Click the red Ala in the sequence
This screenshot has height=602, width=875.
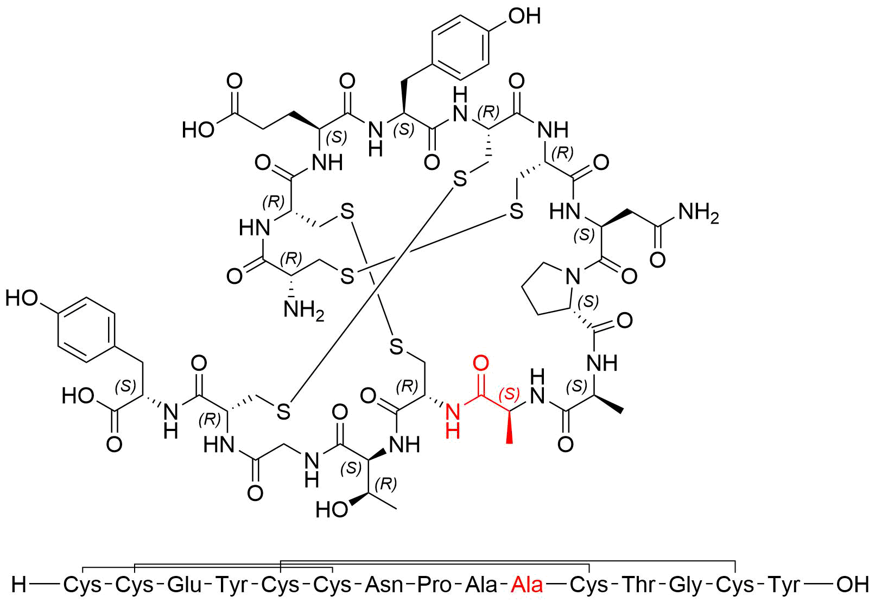[527, 585]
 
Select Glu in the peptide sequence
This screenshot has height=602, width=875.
[185, 585]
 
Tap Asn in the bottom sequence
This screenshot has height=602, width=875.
[384, 585]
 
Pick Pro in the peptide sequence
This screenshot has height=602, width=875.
[434, 585]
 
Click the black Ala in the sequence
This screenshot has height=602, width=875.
[481, 585]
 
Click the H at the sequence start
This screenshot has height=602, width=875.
[19, 585]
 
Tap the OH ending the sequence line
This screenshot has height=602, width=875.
[852, 585]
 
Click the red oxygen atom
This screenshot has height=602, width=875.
[480, 363]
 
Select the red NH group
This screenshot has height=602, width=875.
[453, 421]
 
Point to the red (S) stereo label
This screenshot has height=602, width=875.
[510, 394]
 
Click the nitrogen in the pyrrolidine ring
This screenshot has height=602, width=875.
[573, 277]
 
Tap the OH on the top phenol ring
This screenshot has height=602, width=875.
[524, 16]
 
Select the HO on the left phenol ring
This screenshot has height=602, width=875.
[22, 299]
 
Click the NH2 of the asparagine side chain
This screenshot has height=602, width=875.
[699, 213]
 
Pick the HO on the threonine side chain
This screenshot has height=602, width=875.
[332, 509]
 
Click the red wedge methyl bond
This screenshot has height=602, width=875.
[509, 427]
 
